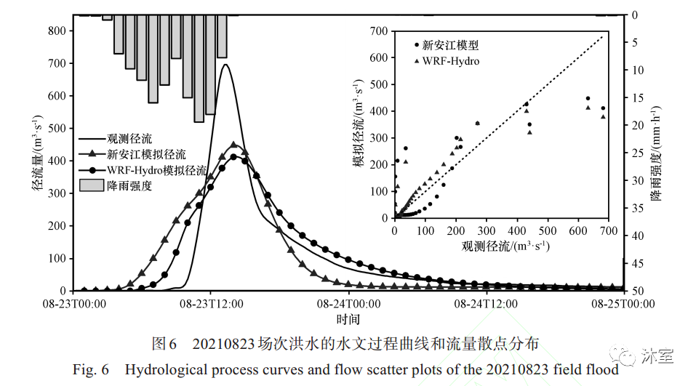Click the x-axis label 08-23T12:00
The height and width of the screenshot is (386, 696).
click(211, 304)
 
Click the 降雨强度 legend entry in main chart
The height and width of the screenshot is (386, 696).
click(129, 186)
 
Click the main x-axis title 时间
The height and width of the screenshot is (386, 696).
click(348, 319)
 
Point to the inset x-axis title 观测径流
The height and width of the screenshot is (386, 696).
click(505, 246)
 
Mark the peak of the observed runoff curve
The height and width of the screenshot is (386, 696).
click(225, 65)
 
